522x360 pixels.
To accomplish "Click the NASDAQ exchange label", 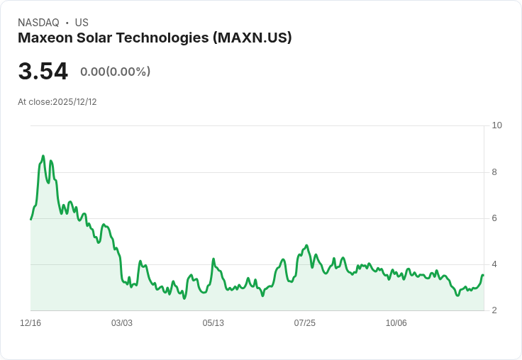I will coord(38,23).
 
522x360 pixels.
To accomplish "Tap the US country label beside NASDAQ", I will coord(82,23).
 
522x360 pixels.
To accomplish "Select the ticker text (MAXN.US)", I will coord(252,38).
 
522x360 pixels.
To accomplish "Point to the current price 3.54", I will coord(43,72).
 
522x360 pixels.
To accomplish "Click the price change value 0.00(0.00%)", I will coord(115,72).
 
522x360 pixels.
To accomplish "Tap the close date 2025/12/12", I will coord(74,102).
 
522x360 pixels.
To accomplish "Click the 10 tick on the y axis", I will coord(496,125).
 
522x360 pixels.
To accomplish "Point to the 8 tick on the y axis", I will coord(494,172).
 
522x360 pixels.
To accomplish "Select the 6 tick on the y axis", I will coord(494,218).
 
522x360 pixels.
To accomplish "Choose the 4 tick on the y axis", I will coord(494,264).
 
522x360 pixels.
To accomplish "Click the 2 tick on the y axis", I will coord(494,310).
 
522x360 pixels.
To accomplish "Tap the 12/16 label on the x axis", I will coord(30,323).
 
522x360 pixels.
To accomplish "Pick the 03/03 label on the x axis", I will coord(122,323).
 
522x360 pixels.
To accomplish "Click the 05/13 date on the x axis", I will coord(213,323).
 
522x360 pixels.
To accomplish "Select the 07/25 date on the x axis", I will coord(305,323).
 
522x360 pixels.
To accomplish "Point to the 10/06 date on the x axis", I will coord(396,323).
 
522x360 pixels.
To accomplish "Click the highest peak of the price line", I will coord(43,156).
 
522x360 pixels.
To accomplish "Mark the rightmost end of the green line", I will coord(483,275).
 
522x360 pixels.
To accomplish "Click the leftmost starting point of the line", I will coord(30,219).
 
